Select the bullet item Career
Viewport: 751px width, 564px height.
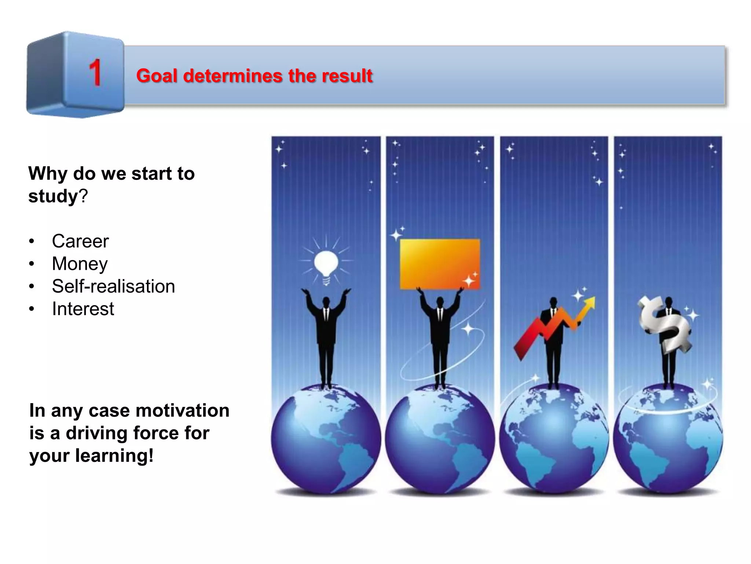(x=80, y=241)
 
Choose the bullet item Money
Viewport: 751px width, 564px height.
(x=80, y=264)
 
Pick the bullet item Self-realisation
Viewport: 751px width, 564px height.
(x=113, y=286)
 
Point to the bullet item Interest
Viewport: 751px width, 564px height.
(x=83, y=309)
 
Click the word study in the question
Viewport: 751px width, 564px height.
(x=54, y=196)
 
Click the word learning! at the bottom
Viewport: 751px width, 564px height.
(x=114, y=456)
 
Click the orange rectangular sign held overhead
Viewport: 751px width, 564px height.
(x=440, y=264)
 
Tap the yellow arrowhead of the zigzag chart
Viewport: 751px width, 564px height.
(x=589, y=303)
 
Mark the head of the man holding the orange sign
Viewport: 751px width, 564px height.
(x=440, y=302)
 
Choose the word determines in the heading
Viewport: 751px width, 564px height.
(x=233, y=76)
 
